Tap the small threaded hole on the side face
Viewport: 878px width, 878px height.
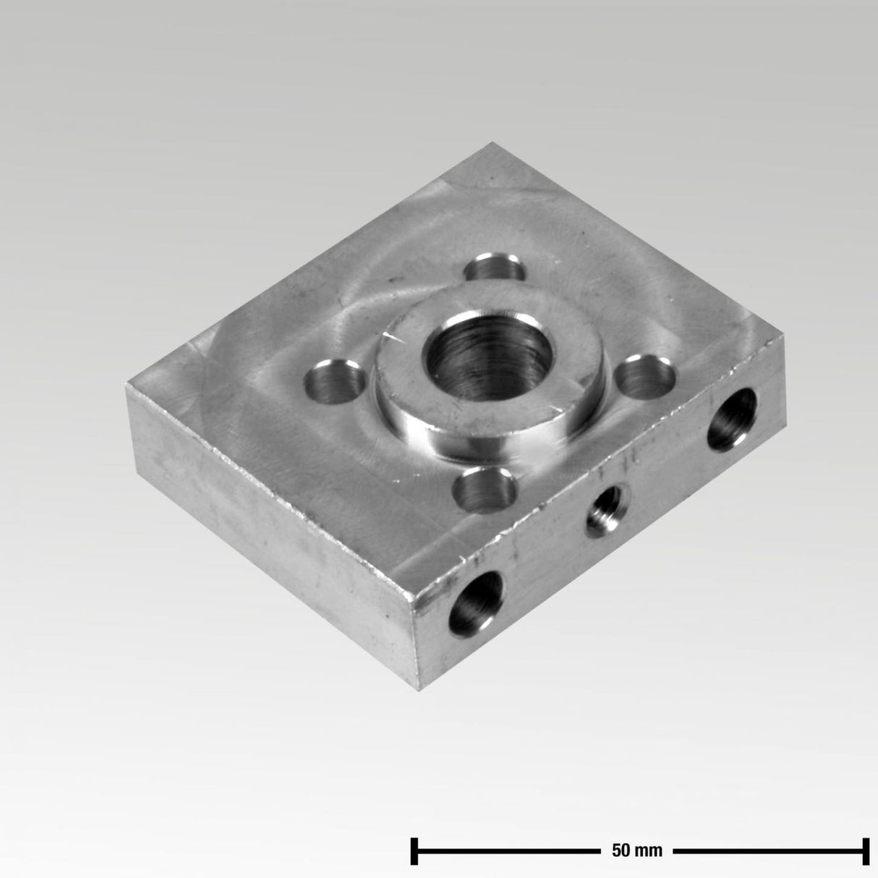tap(606, 511)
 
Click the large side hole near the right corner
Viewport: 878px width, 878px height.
tap(732, 419)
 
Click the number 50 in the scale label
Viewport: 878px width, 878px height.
tap(621, 851)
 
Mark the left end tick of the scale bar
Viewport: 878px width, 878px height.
tap(414, 851)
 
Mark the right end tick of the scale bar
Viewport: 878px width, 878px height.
tap(865, 851)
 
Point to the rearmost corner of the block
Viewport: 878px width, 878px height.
tap(494, 143)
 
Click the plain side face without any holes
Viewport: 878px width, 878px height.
tap(268, 528)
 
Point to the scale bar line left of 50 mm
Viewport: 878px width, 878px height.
tap(506, 851)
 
